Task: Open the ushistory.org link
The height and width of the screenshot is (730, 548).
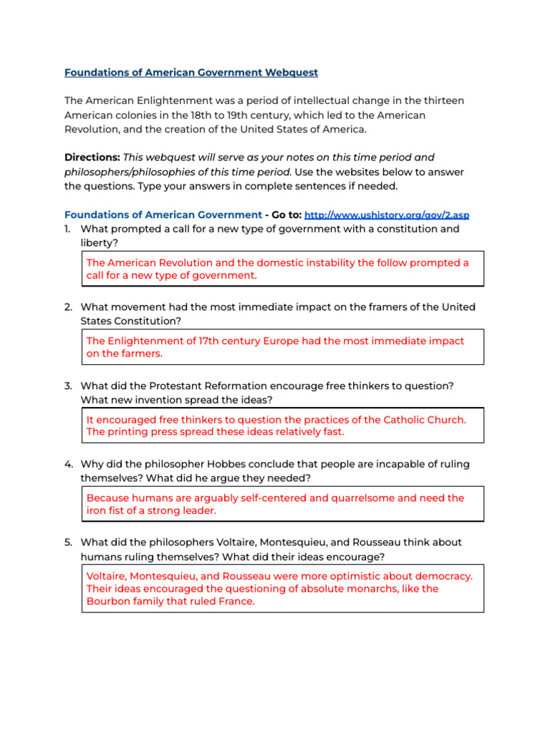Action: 387,215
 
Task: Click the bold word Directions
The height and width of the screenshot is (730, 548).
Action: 92,157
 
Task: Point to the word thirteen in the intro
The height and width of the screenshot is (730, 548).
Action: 441,101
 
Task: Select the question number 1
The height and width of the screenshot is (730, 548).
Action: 67,229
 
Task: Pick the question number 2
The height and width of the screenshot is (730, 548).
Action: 67,307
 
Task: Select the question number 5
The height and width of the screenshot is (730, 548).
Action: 67,543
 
